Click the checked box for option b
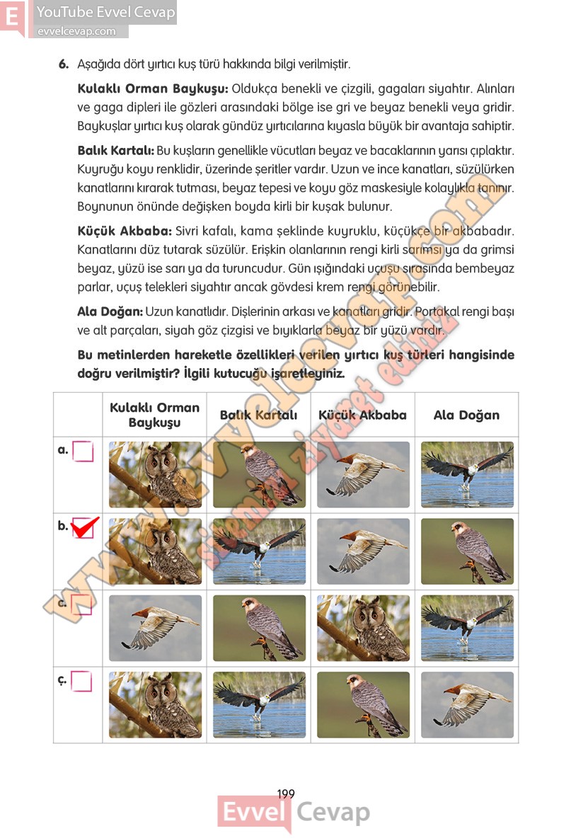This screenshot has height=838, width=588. coord(83,527)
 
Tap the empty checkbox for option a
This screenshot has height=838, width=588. coord(83,452)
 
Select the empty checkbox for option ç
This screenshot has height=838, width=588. coord(82,681)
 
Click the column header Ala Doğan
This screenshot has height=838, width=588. coord(466,415)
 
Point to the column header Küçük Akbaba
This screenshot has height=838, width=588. coord(362,415)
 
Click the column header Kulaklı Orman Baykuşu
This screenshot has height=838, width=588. coord(154,415)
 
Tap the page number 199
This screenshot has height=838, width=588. coord(286,794)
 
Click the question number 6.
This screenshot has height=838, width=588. coord(63,64)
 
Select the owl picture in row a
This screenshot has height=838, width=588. coord(155,475)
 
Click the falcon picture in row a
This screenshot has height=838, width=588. coord(259,475)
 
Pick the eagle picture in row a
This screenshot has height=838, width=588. coord(467,475)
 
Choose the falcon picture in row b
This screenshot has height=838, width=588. coord(467,551)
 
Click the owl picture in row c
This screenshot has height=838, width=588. coord(363,628)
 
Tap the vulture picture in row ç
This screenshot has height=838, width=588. coord(467,704)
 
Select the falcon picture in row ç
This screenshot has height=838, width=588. coord(363,704)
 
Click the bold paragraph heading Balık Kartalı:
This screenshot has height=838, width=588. coord(115,151)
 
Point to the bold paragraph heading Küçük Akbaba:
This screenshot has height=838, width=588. coord(125,231)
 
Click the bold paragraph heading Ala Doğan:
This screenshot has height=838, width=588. coord(110,311)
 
